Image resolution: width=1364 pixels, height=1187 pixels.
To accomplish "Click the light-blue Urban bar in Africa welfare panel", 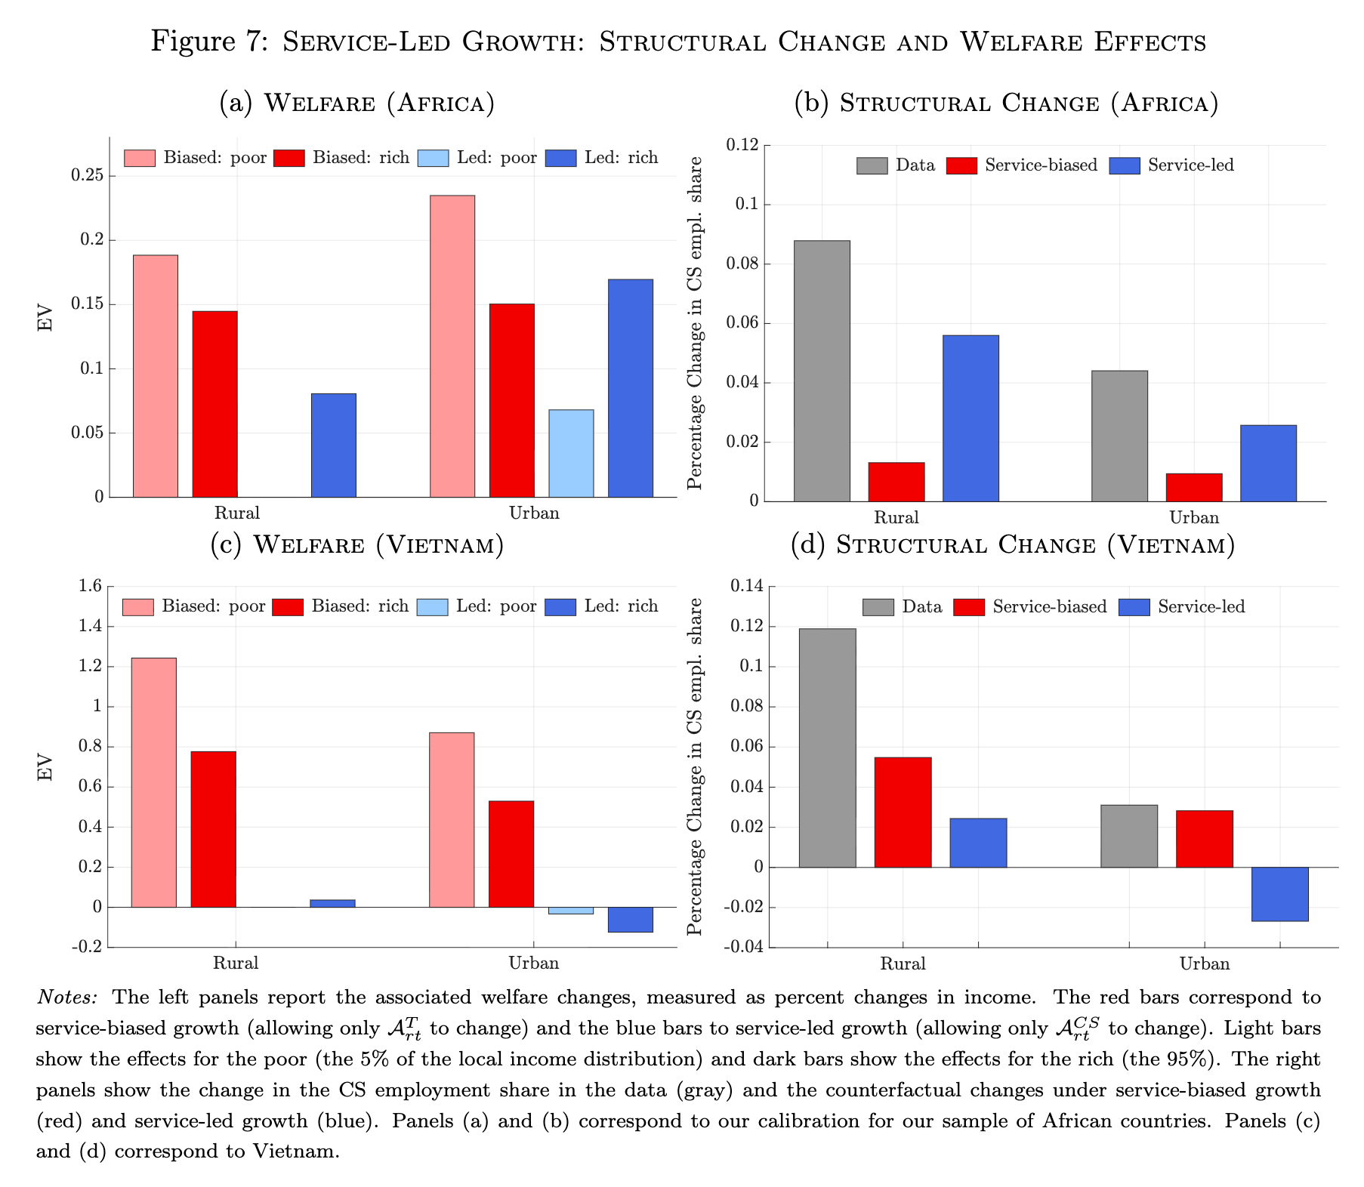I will [x=571, y=453].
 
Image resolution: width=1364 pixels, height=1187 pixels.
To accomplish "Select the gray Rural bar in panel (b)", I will [x=822, y=371].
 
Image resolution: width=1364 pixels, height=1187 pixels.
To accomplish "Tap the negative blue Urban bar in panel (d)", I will [x=1279, y=894].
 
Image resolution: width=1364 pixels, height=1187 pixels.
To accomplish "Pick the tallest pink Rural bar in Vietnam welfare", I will [x=154, y=782].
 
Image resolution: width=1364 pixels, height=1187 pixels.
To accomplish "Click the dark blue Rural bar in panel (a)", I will [x=334, y=445].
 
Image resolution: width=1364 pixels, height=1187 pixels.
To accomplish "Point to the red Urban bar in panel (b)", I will [x=1193, y=487].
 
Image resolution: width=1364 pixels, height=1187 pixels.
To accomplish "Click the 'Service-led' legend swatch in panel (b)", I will [x=1124, y=165].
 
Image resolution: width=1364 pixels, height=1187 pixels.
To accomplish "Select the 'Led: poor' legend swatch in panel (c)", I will [x=432, y=607].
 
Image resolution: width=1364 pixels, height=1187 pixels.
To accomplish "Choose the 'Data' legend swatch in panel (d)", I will [x=878, y=607].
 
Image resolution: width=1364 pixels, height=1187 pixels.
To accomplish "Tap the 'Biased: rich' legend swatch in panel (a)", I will [x=289, y=158].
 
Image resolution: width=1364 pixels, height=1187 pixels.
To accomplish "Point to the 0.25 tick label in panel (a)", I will [x=88, y=176].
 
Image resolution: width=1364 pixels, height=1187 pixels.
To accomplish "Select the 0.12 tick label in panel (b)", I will [x=743, y=145].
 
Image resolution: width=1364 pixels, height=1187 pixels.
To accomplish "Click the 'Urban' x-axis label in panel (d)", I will [x=1204, y=963].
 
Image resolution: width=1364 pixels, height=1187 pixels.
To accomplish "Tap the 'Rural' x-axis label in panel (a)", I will [x=236, y=513].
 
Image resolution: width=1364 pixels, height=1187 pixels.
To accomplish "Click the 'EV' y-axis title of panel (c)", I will [x=46, y=767].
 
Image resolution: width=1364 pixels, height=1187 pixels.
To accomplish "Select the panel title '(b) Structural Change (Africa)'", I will [x=1006, y=103].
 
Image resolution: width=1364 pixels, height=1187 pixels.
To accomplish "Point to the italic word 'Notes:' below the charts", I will [x=67, y=997].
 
